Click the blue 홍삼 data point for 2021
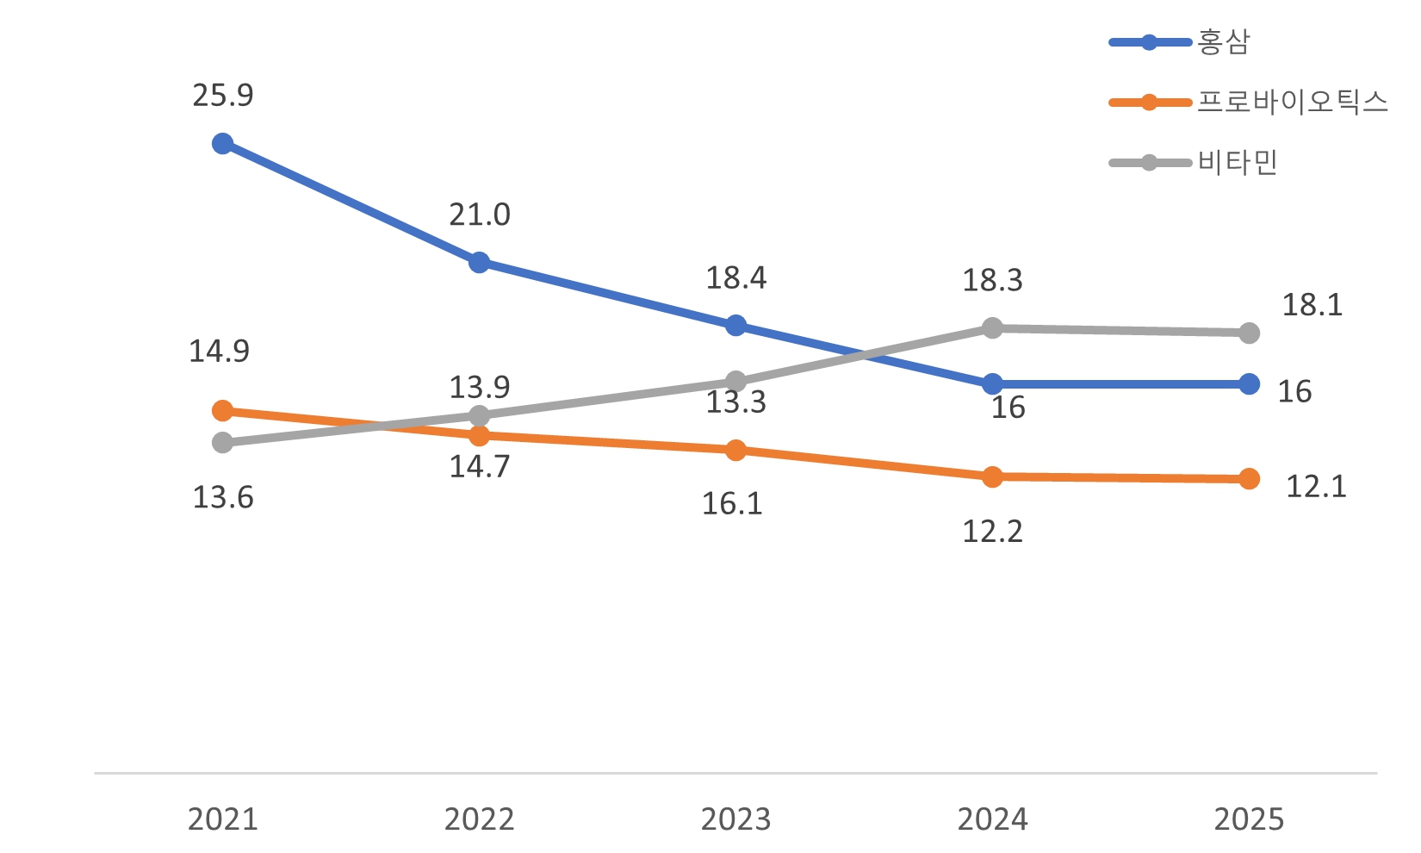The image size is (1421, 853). tap(222, 143)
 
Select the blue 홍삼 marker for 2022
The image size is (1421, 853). tap(479, 262)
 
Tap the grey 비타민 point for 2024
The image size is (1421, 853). tap(992, 328)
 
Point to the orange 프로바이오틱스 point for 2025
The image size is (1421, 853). tap(1249, 479)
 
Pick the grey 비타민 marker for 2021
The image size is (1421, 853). tap(222, 443)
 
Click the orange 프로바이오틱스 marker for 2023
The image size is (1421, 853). tap(735, 451)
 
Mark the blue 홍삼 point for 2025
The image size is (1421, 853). tap(1249, 384)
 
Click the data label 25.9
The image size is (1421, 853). tap(223, 96)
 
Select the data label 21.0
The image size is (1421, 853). tap(480, 215)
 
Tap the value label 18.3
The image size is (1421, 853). tap(992, 280)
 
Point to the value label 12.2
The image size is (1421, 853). tap(992, 532)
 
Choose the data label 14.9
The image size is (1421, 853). tap(219, 352)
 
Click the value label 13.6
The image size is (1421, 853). tap(223, 497)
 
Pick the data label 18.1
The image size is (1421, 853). tap(1312, 305)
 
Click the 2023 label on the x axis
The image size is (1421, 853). tap(735, 819)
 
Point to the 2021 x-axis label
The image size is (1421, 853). tap(222, 819)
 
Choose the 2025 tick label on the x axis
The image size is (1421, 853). tap(1249, 819)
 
